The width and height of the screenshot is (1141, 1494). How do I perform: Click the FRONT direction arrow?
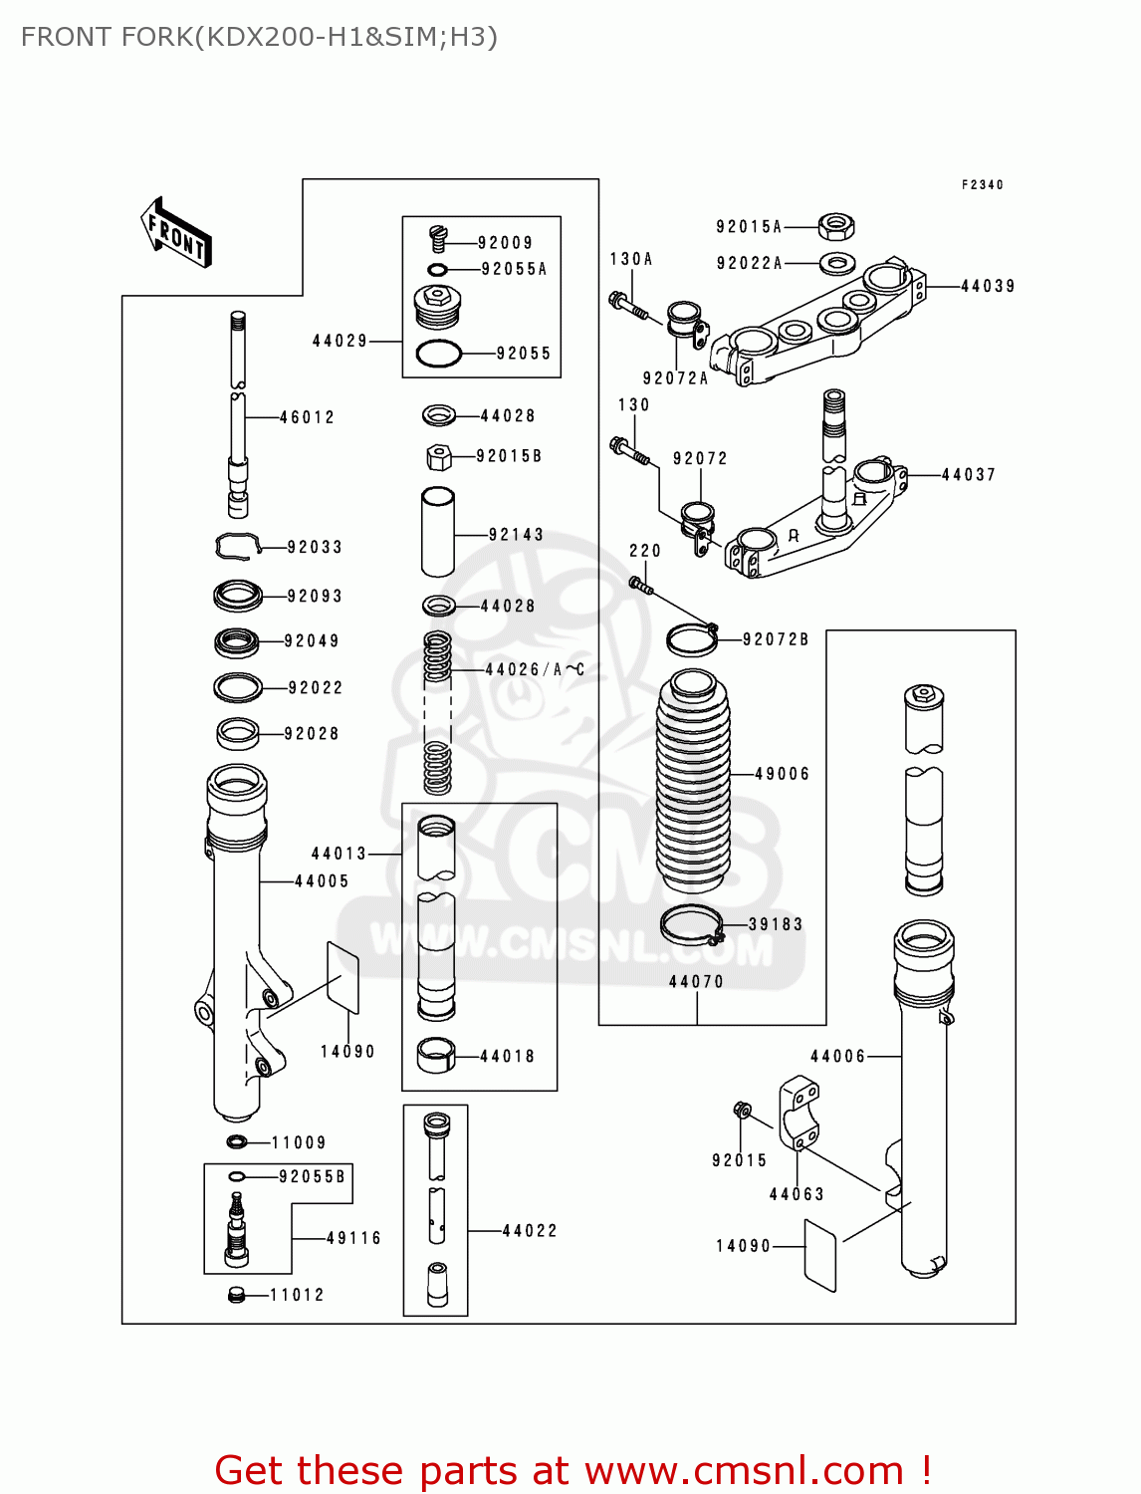pos(176,233)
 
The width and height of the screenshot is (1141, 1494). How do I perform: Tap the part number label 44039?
pos(987,287)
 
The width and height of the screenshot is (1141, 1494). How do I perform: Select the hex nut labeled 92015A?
pos(836,227)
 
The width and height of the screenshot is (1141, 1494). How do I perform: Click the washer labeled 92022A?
pos(837,264)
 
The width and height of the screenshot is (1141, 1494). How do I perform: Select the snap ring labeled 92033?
pos(237,546)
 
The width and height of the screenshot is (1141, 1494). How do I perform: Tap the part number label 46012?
pos(307,418)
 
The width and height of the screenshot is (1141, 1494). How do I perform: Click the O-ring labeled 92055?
pos(438,353)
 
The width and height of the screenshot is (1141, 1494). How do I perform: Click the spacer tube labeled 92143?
pos(438,532)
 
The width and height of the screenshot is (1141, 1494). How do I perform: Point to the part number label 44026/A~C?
pos(535,670)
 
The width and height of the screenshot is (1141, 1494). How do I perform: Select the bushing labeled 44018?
pos(435,1056)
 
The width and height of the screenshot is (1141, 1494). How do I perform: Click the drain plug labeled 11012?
pos(236,1294)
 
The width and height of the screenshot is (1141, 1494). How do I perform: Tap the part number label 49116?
pos(353,1239)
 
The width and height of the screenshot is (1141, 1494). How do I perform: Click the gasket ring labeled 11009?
pos(237,1141)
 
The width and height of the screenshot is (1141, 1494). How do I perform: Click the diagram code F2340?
pos(982,185)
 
